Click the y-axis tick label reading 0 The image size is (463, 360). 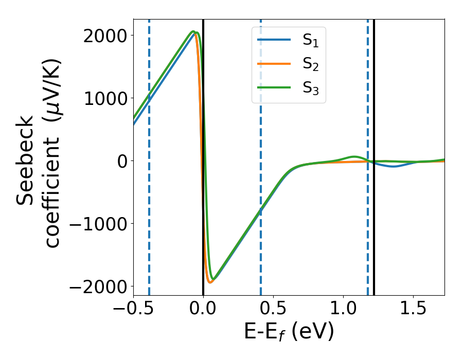[122, 161]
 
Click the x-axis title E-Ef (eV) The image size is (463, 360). [289, 332]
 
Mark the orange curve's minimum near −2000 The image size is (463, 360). [210, 282]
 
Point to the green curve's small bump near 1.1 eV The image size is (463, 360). [354, 156]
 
